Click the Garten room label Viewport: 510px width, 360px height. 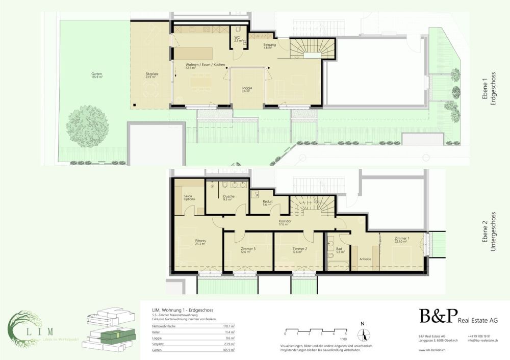[x=96, y=75]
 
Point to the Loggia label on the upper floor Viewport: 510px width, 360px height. [x=246, y=90]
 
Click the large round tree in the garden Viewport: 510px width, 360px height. [x=88, y=126]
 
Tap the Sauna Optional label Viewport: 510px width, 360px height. [x=190, y=197]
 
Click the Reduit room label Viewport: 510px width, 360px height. [x=267, y=202]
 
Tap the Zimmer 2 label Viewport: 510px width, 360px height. [x=297, y=250]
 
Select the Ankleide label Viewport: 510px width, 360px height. [x=365, y=259]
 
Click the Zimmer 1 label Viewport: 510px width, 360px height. [x=402, y=240]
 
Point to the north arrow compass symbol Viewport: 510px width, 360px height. [x=363, y=333]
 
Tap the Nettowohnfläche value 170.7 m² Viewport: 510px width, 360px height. [x=229, y=326]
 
